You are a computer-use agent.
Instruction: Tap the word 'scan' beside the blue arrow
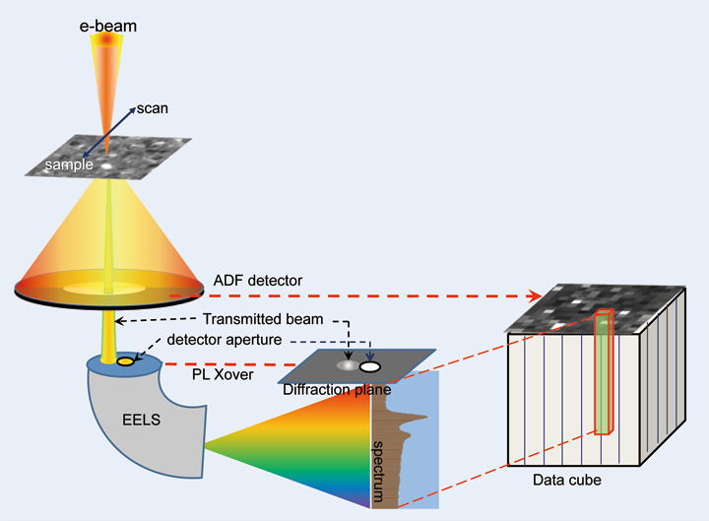click(x=154, y=108)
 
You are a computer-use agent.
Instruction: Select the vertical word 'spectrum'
click(x=377, y=453)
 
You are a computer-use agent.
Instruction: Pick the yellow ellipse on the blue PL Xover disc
click(x=127, y=362)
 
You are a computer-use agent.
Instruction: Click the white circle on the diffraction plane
click(x=371, y=366)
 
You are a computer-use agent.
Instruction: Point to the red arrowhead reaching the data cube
click(x=538, y=294)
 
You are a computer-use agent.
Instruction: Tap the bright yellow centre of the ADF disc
click(x=108, y=289)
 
